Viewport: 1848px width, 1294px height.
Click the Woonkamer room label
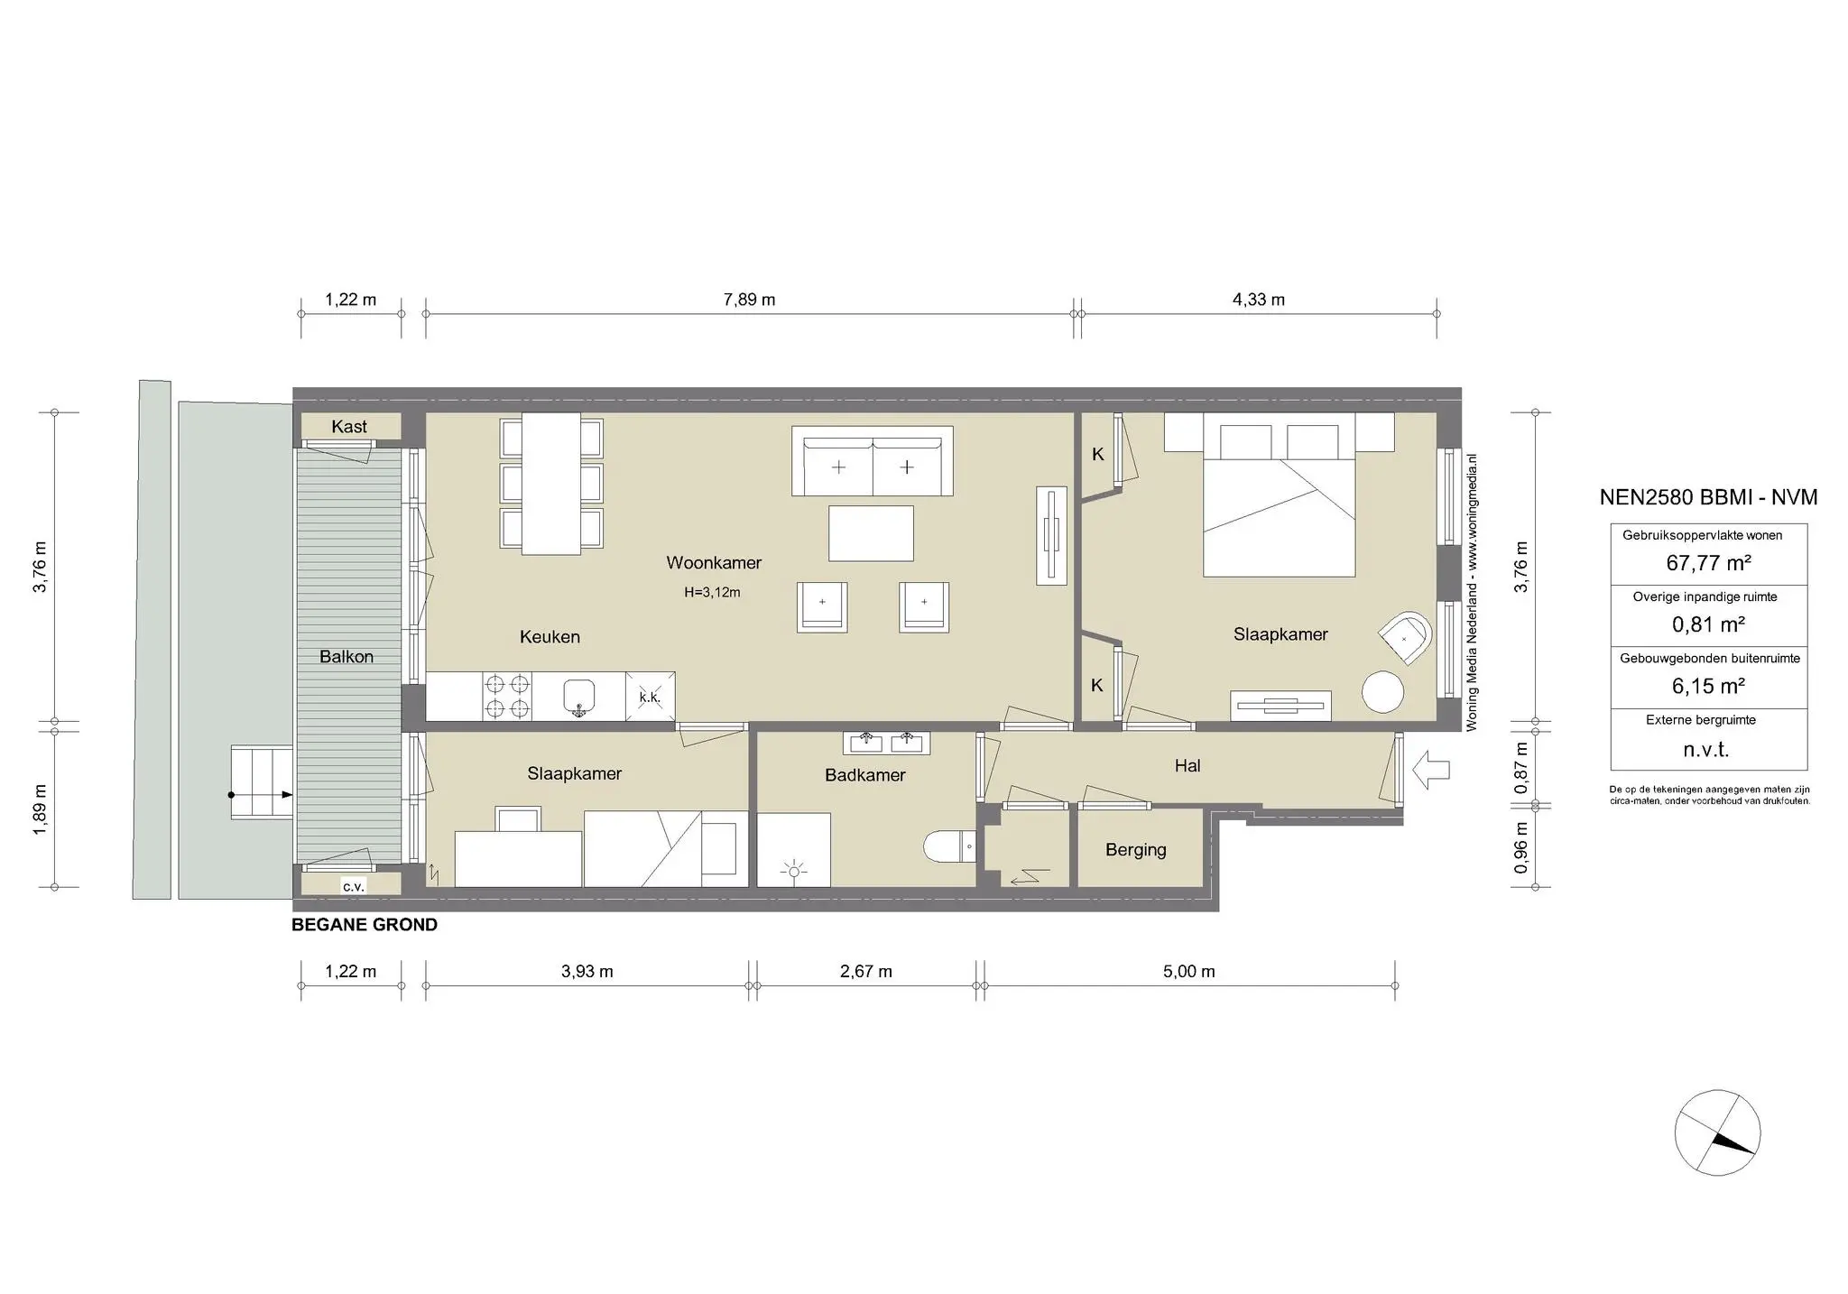(714, 563)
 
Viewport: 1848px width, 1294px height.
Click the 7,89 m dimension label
(749, 300)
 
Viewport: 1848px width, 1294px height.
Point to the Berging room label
(1135, 850)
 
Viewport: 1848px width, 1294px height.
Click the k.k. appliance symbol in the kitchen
(650, 697)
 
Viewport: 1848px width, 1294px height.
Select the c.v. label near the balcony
(353, 886)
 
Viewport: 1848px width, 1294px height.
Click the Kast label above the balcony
(349, 427)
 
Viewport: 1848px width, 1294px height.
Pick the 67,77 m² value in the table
(1708, 563)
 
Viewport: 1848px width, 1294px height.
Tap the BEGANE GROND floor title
(365, 925)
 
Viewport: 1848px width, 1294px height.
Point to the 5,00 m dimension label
(1188, 972)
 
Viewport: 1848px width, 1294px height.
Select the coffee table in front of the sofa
(871, 533)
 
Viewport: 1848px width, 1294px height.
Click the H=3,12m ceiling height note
(712, 593)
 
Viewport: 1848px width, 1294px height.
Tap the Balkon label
(346, 657)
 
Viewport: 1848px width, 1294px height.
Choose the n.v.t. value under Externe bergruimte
(1706, 749)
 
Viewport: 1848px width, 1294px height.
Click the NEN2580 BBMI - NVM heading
(1707, 497)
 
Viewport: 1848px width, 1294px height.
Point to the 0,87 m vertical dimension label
(1521, 768)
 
